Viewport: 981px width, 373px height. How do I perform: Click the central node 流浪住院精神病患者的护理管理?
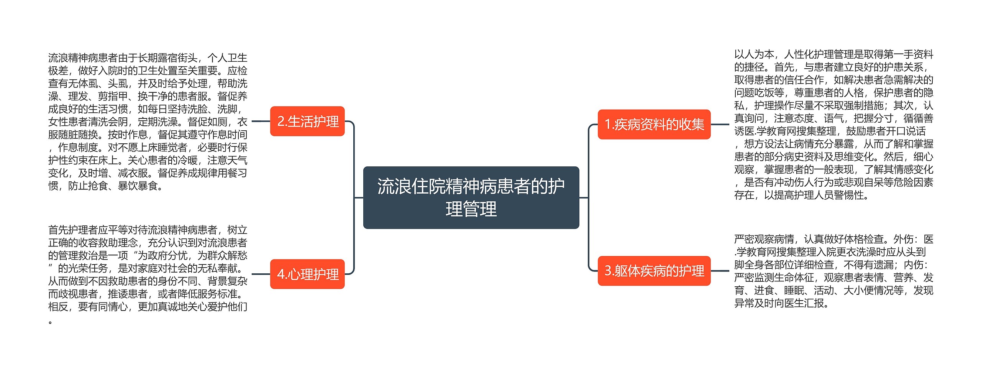click(x=471, y=197)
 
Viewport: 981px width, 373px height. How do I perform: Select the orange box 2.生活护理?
click(x=307, y=121)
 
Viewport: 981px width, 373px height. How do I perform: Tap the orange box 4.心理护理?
click(x=307, y=274)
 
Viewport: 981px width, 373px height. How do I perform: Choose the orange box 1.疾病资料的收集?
click(x=654, y=124)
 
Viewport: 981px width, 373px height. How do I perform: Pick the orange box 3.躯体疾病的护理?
click(x=654, y=271)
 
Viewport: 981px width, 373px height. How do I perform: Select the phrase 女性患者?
click(x=68, y=122)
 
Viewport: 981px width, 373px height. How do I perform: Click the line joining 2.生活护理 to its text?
click(x=261, y=121)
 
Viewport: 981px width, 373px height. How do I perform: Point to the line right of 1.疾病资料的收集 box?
click(x=720, y=124)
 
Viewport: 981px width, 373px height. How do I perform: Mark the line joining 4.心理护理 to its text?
click(x=261, y=274)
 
